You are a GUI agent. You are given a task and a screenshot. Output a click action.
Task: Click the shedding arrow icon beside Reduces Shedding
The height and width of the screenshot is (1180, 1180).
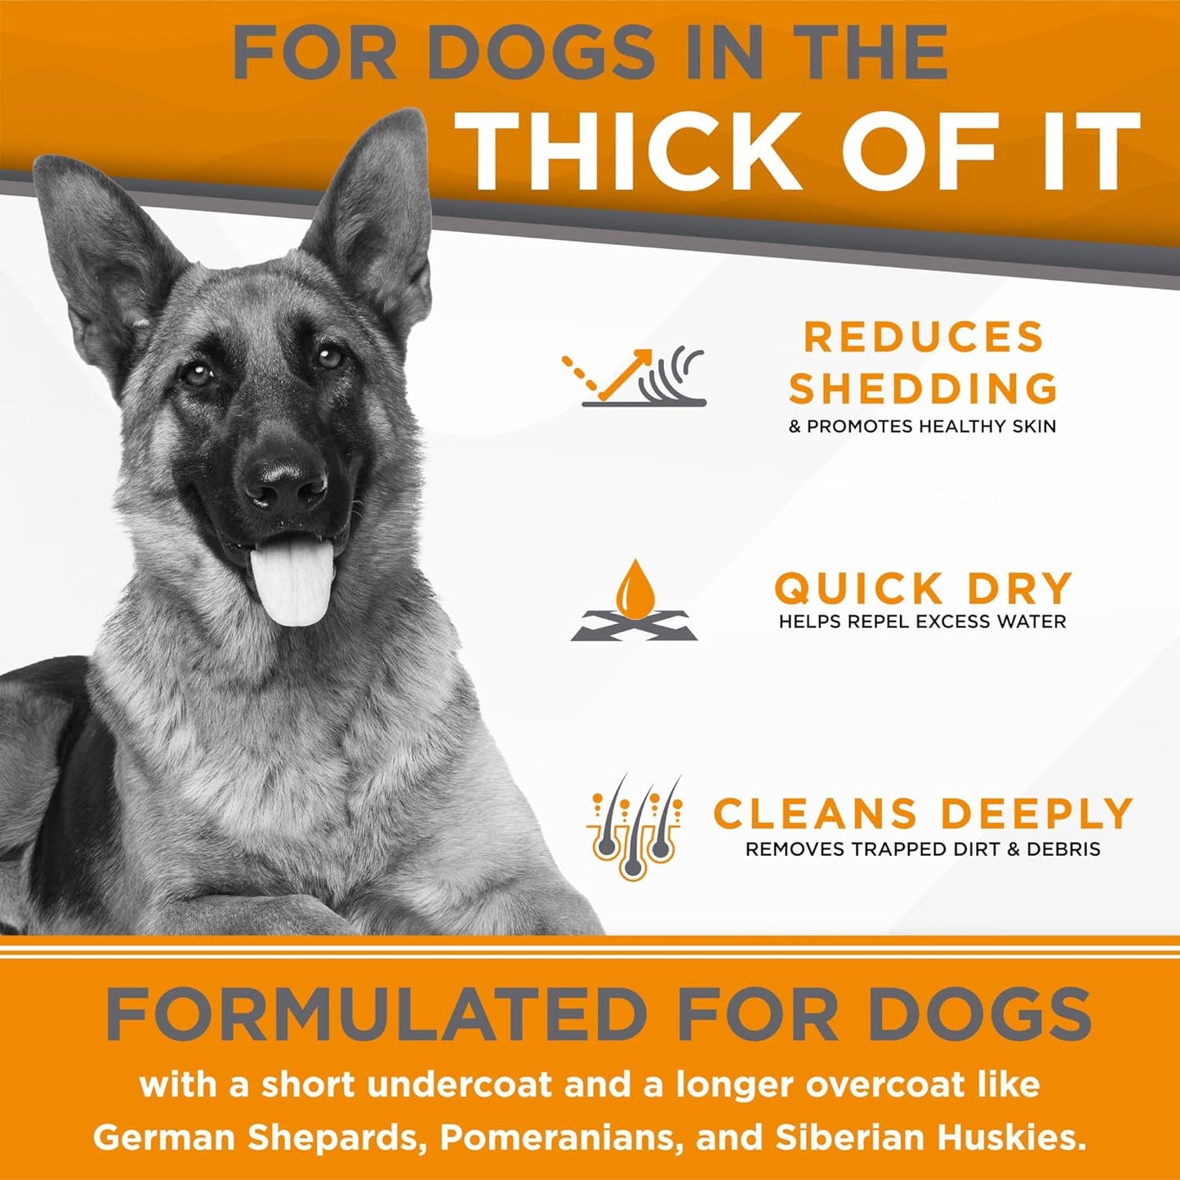coord(634,377)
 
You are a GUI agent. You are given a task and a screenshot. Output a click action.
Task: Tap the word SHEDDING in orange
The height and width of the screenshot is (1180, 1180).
coord(923,388)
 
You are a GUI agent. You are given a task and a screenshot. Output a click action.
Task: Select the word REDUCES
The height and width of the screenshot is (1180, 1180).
coord(924,336)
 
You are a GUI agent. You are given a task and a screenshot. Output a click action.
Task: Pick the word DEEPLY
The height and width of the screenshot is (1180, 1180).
coord(1036,813)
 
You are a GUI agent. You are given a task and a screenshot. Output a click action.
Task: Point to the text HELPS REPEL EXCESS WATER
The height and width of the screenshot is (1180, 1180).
coord(922,621)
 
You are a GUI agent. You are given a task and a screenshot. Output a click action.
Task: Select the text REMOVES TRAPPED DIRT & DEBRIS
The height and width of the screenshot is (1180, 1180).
coord(923,849)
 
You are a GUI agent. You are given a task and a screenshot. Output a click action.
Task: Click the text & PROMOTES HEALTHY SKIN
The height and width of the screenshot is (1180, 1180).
coord(922,425)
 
